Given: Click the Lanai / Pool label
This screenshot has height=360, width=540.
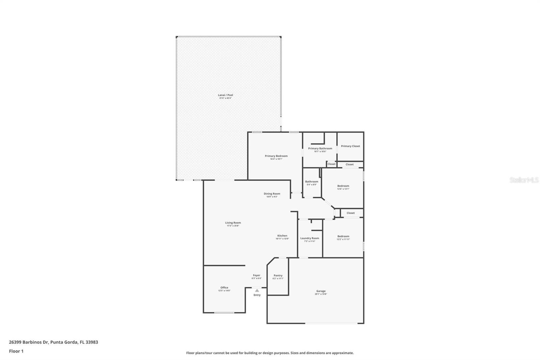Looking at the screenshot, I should point(225,95).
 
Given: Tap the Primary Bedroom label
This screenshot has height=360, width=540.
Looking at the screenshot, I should point(276,156).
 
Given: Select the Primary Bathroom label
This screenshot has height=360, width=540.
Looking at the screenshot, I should point(320,149).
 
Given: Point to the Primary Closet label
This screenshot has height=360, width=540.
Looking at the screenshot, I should point(350,146).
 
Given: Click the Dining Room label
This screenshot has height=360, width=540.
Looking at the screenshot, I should point(272,194).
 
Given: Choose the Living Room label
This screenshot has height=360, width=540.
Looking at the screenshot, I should point(233,223).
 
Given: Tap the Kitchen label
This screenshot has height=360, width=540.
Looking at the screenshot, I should point(282,236).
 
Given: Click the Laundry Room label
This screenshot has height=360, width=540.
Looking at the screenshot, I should point(309,238).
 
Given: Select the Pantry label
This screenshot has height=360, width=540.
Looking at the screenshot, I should point(278,276).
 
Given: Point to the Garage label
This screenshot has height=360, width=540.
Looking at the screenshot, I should point(321,291).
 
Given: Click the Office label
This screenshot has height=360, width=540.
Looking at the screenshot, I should point(224,288).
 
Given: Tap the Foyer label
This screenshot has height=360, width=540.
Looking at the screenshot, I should point(256,276).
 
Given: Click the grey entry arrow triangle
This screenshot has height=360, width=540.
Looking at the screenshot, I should point(257,290).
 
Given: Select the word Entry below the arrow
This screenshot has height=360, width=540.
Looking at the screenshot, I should point(257,295).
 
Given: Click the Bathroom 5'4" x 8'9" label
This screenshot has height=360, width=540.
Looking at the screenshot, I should point(312,182).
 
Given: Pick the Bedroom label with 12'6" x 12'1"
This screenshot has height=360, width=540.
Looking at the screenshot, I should point(343,186).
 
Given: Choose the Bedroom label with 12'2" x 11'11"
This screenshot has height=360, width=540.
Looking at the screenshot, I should point(343,236).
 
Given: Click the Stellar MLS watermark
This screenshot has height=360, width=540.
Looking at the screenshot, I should point(524,180).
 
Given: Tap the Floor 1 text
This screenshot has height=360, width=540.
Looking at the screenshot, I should point(16,351).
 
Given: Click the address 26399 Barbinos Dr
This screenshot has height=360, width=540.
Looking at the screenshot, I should point(29,342).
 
